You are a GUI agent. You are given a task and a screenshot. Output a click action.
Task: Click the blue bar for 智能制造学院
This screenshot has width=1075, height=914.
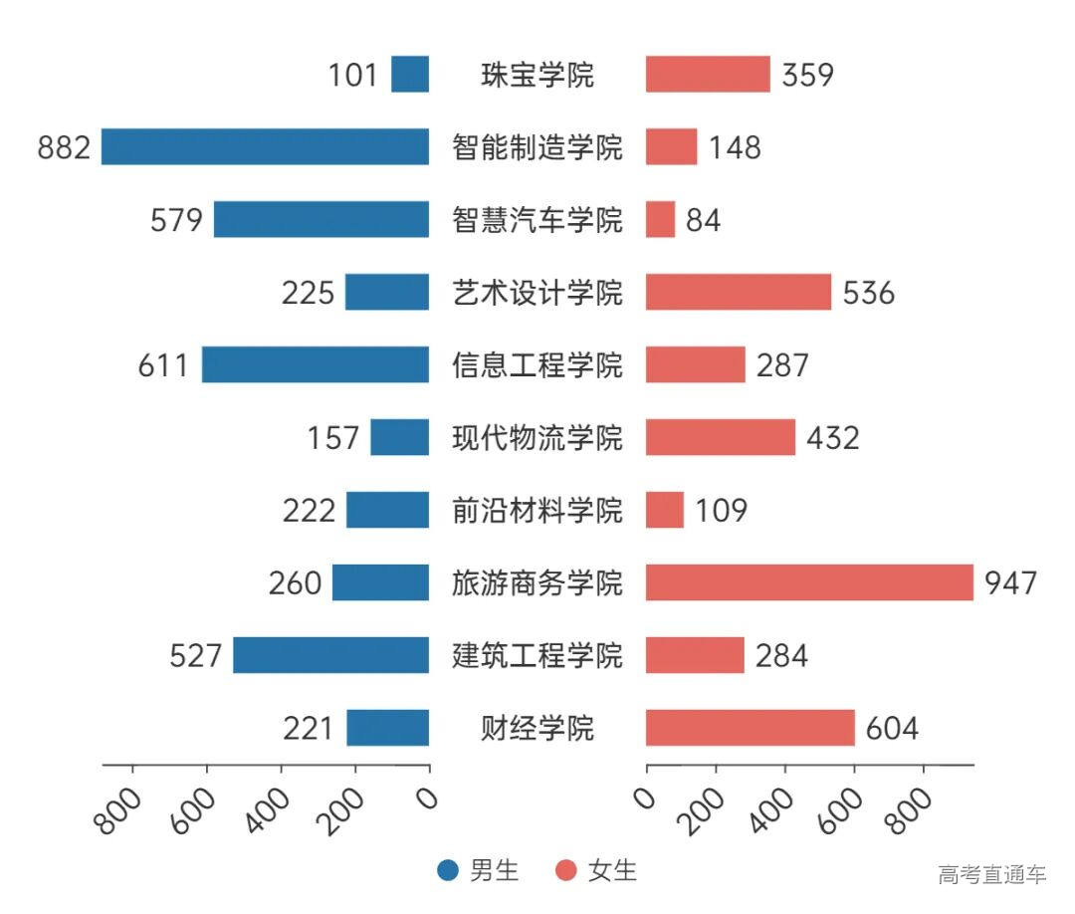[x=265, y=146]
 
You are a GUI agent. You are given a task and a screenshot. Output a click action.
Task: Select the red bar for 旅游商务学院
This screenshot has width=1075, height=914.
[x=809, y=582]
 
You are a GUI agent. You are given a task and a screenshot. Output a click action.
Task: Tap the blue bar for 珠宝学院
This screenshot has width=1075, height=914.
[x=410, y=75]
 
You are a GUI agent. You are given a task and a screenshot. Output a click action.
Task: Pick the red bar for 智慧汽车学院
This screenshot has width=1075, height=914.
[x=660, y=219]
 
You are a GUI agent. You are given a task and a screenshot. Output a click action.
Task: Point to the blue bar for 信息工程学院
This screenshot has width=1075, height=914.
[x=316, y=364]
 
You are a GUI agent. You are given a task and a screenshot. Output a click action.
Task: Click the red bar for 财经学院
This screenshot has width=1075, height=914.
[x=750, y=728]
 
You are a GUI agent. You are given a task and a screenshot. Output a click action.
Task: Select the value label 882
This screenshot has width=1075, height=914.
[x=64, y=147]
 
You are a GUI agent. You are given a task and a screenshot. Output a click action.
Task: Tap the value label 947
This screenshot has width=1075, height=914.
[x=1010, y=582]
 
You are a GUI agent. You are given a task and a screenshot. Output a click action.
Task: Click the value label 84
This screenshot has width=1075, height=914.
[x=703, y=220]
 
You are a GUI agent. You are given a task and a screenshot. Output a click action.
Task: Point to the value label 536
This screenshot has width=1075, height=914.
[x=869, y=293]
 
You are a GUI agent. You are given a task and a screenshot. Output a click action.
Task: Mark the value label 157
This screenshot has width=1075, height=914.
[x=332, y=438]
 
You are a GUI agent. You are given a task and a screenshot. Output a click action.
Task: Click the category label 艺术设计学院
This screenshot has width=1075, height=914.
[x=537, y=293]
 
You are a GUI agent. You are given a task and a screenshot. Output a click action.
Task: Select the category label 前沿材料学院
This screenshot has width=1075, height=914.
[x=537, y=511]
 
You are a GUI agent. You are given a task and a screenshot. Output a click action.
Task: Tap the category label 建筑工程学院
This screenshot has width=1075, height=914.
[x=537, y=655]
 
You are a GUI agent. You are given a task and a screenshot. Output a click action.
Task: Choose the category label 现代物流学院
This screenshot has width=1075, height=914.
[x=537, y=438]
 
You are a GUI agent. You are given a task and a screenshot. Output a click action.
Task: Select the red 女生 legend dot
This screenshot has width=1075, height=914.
[x=566, y=871]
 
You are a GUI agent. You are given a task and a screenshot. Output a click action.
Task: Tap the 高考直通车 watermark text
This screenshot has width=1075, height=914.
[x=991, y=875]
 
